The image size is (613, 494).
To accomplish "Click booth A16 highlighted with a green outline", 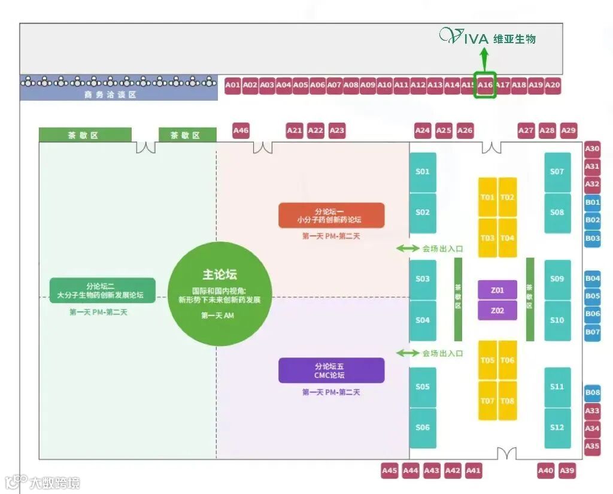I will pos(485,85).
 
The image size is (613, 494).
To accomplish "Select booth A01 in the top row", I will pos(233,85).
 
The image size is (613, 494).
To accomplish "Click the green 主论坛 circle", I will pos(219,294).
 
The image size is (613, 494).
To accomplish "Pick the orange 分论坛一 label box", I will pos(331,215).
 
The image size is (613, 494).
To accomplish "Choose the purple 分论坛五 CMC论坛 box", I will pos(331,370).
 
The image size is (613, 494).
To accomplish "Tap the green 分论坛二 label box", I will pos(102,290).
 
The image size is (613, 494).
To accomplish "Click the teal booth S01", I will pos(423,172).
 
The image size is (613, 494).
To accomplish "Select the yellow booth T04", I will pos(508,238).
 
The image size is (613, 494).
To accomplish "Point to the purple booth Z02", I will pos(497,311).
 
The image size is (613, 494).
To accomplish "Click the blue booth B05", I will pos(593,296).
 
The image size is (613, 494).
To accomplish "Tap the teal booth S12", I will pos(557,428).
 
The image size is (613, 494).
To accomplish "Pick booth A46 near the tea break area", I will pos(241,130).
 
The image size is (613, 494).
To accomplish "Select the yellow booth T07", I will pos(487,401).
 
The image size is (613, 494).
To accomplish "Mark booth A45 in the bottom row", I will pos(389,471).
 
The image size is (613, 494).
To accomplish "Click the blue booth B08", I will pos(593,393).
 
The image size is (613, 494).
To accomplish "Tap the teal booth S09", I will pos(557,279).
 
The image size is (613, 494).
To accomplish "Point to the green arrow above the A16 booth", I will pos(484,60).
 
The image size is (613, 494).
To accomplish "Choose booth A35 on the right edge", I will pos(593,445).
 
